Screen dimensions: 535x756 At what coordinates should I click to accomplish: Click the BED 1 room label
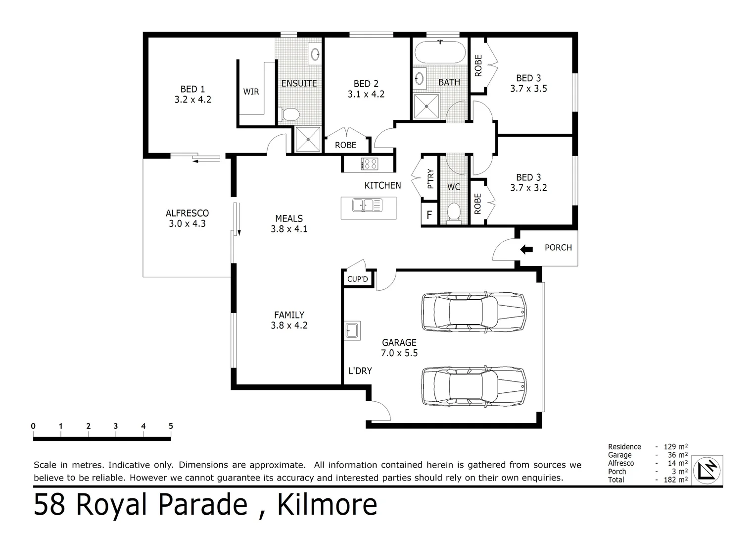[192, 89]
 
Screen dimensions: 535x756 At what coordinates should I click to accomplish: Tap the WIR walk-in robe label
[251, 92]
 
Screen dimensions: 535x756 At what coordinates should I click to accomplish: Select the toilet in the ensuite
[290, 115]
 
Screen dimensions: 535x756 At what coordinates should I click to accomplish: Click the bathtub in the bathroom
[439, 52]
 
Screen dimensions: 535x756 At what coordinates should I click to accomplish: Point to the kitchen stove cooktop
[369, 163]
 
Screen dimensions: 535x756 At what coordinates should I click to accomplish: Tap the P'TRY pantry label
[430, 179]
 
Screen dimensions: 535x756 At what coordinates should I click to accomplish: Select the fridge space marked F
[429, 215]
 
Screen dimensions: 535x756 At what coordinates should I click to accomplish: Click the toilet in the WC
[453, 212]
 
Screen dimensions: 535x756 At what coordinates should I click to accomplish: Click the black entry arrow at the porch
[526, 250]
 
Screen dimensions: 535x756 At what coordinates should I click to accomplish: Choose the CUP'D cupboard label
[357, 279]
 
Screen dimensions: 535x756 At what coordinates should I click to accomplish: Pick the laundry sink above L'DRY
[352, 330]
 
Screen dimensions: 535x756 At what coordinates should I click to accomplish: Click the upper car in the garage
[473, 312]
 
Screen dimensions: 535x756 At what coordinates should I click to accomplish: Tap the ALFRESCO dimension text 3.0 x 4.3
[187, 224]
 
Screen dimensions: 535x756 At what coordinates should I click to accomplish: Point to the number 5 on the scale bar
[171, 426]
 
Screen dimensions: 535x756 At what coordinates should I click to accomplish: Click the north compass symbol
[708, 469]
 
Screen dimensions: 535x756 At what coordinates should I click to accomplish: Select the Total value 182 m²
[675, 480]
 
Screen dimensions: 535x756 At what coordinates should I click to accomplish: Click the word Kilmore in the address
[327, 505]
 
